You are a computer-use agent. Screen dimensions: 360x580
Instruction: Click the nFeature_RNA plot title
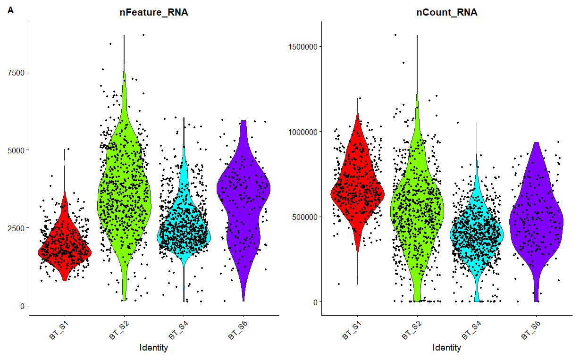tap(153, 13)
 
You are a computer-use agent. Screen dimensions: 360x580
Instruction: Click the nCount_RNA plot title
tap(446, 13)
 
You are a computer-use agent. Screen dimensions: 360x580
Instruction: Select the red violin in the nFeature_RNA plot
tap(65, 250)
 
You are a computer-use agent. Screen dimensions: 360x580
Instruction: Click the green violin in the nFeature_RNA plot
tap(124, 198)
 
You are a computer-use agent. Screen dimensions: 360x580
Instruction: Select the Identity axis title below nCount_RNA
tap(446, 348)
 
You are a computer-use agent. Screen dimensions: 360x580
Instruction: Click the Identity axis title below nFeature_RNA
tap(154, 348)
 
